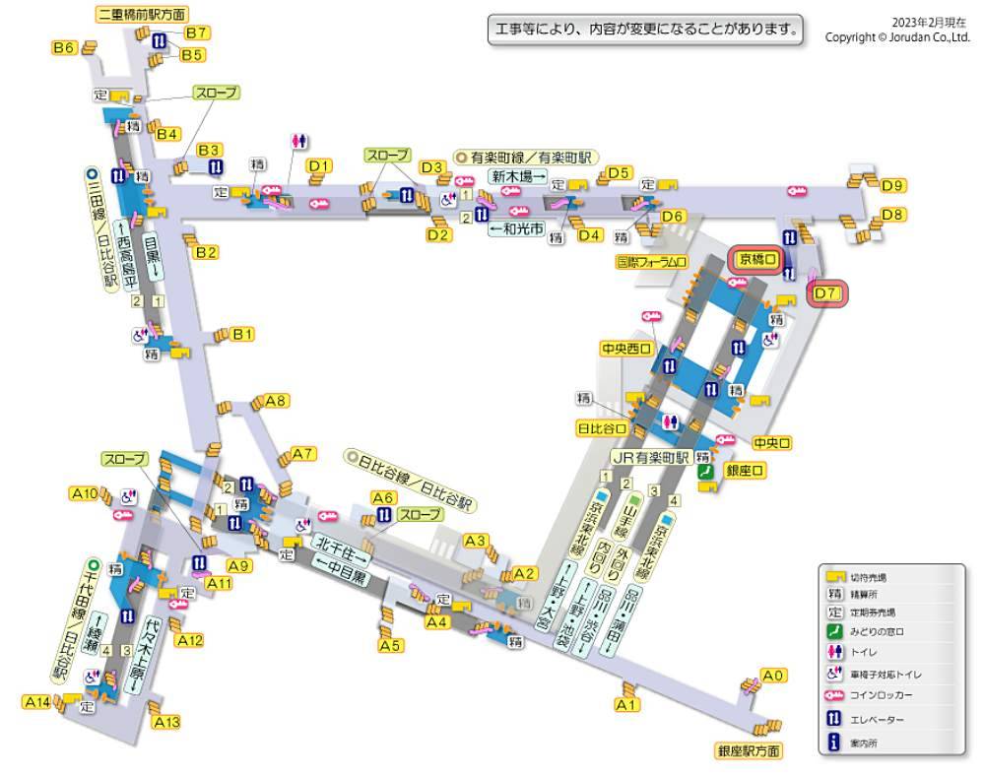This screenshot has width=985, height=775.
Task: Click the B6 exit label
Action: point(64,47)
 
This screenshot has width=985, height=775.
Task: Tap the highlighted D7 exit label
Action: point(826,292)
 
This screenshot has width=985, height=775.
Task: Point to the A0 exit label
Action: point(775,676)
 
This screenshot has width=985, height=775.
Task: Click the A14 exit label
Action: point(36,702)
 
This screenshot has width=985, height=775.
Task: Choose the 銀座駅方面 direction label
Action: point(750,750)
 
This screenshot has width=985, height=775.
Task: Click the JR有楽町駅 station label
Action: point(649,457)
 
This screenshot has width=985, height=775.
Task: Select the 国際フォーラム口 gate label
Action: point(651,262)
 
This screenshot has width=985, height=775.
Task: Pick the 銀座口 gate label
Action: point(746,472)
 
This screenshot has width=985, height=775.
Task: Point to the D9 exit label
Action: point(893,185)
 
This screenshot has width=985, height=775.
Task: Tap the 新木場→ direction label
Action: point(518,176)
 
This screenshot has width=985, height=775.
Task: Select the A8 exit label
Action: point(276,401)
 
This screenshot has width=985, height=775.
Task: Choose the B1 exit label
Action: point(242,334)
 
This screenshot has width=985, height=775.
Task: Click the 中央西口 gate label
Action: point(626,349)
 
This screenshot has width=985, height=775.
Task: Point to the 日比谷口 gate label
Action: point(602,428)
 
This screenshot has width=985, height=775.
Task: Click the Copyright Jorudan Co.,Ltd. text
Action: point(897,37)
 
